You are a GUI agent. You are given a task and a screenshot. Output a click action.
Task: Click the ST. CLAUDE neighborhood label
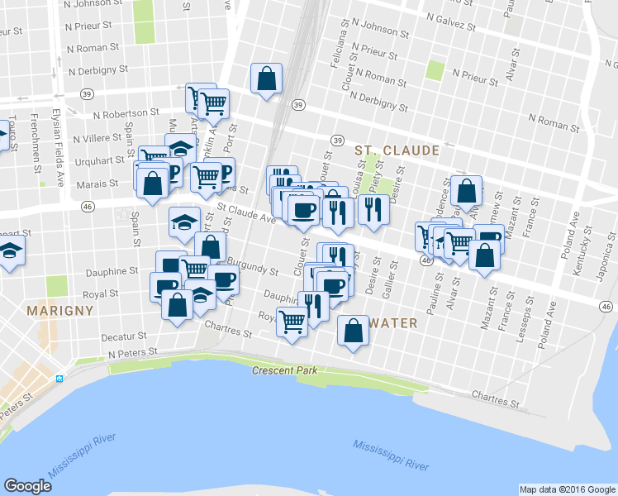(397, 150)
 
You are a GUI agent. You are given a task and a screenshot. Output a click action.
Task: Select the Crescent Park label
(285, 370)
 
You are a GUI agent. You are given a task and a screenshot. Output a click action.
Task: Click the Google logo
(28, 485)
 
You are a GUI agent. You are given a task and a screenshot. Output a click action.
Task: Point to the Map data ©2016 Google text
(568, 489)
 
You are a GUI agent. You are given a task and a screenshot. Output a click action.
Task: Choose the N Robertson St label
(126, 112)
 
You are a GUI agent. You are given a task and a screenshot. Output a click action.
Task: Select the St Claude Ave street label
(246, 213)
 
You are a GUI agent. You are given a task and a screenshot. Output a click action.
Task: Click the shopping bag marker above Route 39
(267, 79)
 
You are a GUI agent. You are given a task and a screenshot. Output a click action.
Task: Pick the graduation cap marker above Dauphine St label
(184, 221)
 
